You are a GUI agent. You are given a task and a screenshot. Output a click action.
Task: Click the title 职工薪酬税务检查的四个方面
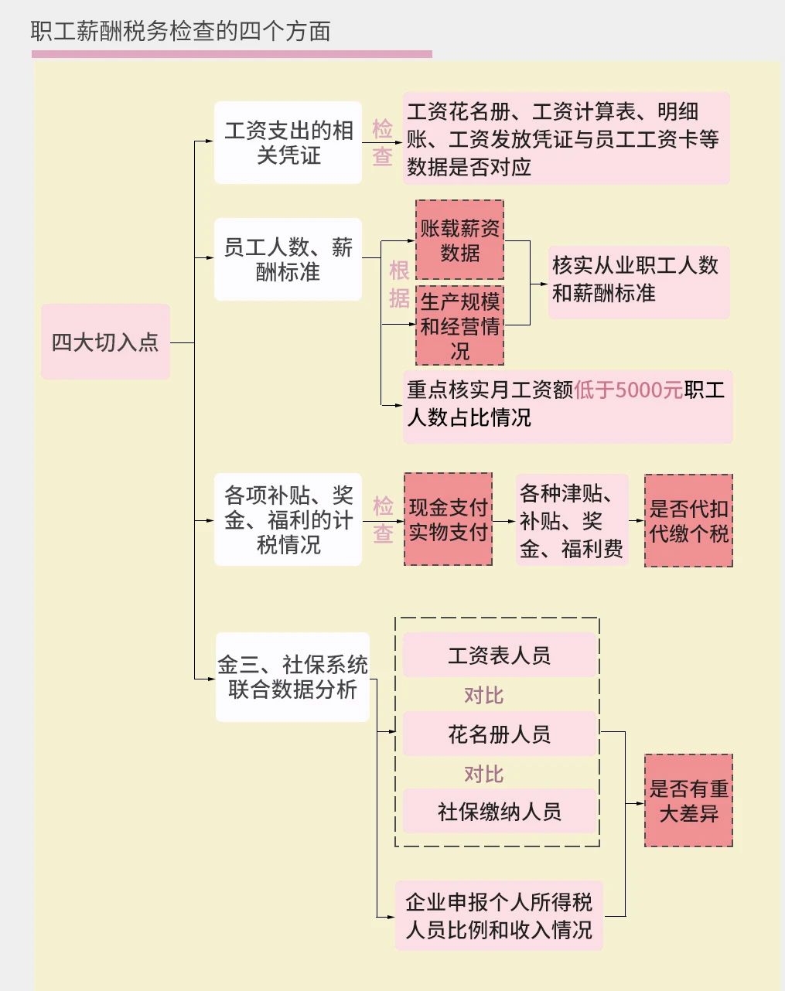(x=181, y=32)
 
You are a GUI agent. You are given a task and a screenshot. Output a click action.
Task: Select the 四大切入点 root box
(x=105, y=342)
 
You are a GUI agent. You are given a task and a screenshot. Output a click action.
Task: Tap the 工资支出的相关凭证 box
(x=288, y=143)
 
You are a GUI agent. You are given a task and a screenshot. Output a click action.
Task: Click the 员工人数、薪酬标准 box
(x=288, y=260)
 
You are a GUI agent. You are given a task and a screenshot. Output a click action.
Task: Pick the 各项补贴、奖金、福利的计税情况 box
(x=288, y=519)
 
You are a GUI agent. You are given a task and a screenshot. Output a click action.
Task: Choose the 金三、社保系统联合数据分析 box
(x=292, y=677)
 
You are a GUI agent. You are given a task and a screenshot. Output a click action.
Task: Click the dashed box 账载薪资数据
(x=459, y=240)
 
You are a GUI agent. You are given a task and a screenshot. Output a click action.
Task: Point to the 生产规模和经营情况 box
(x=459, y=326)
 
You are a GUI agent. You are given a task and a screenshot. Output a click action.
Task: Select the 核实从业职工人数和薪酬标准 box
(x=638, y=279)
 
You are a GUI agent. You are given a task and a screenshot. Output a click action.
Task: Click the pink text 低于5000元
(x=628, y=390)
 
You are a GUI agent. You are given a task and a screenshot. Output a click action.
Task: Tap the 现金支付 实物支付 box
(x=448, y=519)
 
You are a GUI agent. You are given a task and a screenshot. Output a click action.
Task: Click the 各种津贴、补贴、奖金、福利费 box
(x=572, y=521)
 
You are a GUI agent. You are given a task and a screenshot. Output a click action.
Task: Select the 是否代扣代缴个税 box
(x=688, y=521)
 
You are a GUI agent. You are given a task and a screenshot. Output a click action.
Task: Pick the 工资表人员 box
(x=499, y=656)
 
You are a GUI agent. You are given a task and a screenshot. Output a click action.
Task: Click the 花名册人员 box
(x=499, y=734)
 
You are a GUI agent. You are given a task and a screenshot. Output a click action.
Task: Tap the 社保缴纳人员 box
(x=499, y=812)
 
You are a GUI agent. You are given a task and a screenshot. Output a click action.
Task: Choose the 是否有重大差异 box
(x=688, y=801)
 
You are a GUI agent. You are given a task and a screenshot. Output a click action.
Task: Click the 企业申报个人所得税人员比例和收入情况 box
(x=499, y=916)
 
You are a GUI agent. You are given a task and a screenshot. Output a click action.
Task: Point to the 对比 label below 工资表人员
(x=483, y=695)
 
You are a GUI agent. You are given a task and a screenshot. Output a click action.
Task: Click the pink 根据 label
(x=399, y=284)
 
